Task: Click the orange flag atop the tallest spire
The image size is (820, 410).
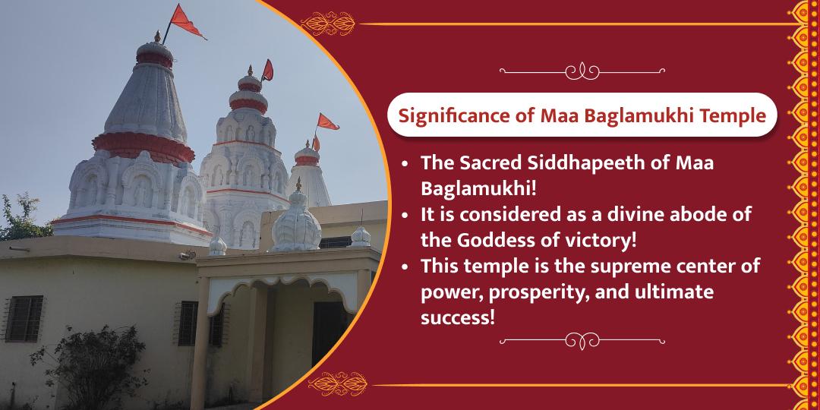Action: click(x=186, y=22)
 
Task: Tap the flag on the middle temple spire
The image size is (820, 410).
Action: click(x=268, y=70)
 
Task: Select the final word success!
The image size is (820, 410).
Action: click(x=458, y=318)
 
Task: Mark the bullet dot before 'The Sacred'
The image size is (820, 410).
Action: click(x=406, y=164)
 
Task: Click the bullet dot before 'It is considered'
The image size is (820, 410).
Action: click(x=406, y=216)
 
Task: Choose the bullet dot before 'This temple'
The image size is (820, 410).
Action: click(x=406, y=266)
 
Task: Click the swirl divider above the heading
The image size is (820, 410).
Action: click(x=582, y=71)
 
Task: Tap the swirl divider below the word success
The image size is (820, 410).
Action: click(x=582, y=341)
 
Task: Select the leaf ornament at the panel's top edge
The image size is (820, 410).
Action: click(x=328, y=24)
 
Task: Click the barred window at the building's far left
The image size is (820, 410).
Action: click(x=24, y=319)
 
